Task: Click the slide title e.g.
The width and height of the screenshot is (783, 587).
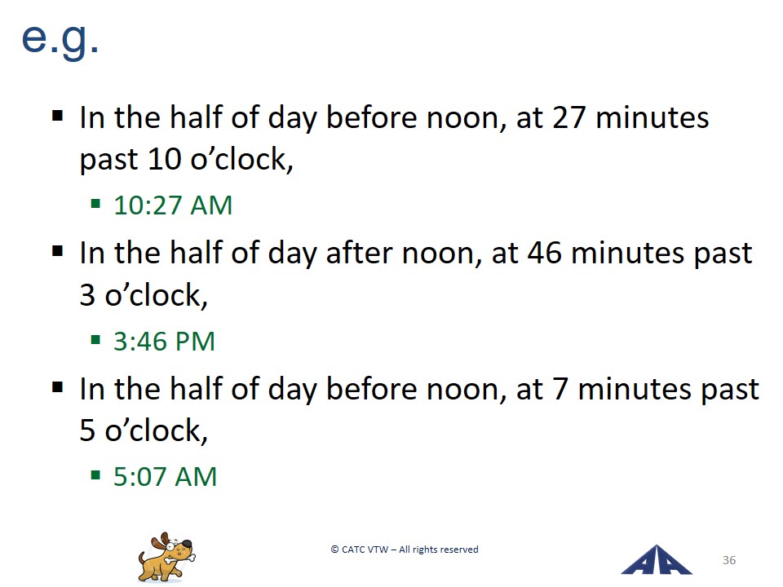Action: (x=60, y=40)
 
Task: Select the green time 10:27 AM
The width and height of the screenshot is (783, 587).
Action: (x=173, y=205)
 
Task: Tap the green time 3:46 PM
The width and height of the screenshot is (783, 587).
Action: (x=164, y=342)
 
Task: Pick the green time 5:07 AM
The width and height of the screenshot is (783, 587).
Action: (x=165, y=477)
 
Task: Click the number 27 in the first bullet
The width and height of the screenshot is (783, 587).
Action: (x=568, y=117)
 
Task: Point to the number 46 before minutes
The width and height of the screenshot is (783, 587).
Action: (x=544, y=253)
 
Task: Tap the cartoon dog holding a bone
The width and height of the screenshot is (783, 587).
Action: (x=166, y=557)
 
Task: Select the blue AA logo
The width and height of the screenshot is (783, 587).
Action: (x=656, y=560)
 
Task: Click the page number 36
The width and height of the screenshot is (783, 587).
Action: (x=729, y=560)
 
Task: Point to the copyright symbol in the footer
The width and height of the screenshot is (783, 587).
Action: (x=334, y=549)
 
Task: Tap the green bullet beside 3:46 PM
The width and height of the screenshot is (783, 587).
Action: (x=95, y=341)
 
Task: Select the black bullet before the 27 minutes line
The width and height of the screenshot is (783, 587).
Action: (x=57, y=117)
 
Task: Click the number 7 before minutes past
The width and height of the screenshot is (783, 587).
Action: (x=560, y=389)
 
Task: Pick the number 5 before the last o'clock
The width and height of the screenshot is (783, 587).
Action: (x=87, y=430)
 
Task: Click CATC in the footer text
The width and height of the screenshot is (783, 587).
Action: (x=353, y=549)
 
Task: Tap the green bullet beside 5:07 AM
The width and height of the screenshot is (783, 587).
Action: (x=95, y=475)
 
